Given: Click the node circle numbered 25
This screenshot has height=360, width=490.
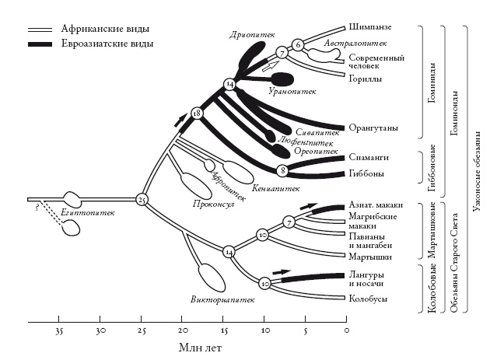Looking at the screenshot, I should tap(142, 200).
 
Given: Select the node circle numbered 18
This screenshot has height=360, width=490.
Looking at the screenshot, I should tap(196, 114).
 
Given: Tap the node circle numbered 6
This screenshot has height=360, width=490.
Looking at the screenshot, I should tap(298, 44).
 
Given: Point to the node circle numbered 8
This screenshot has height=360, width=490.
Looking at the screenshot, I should tap(282, 170).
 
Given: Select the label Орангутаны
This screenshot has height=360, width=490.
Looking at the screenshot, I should tap(373, 126).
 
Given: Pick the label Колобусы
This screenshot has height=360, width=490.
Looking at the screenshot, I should tap(367, 298).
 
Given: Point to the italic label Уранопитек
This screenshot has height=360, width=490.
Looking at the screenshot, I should tap(292, 92).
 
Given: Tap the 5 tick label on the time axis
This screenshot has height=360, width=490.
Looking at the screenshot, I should tap(305, 333).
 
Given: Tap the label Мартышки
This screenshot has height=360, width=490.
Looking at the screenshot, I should tap(369, 257).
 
